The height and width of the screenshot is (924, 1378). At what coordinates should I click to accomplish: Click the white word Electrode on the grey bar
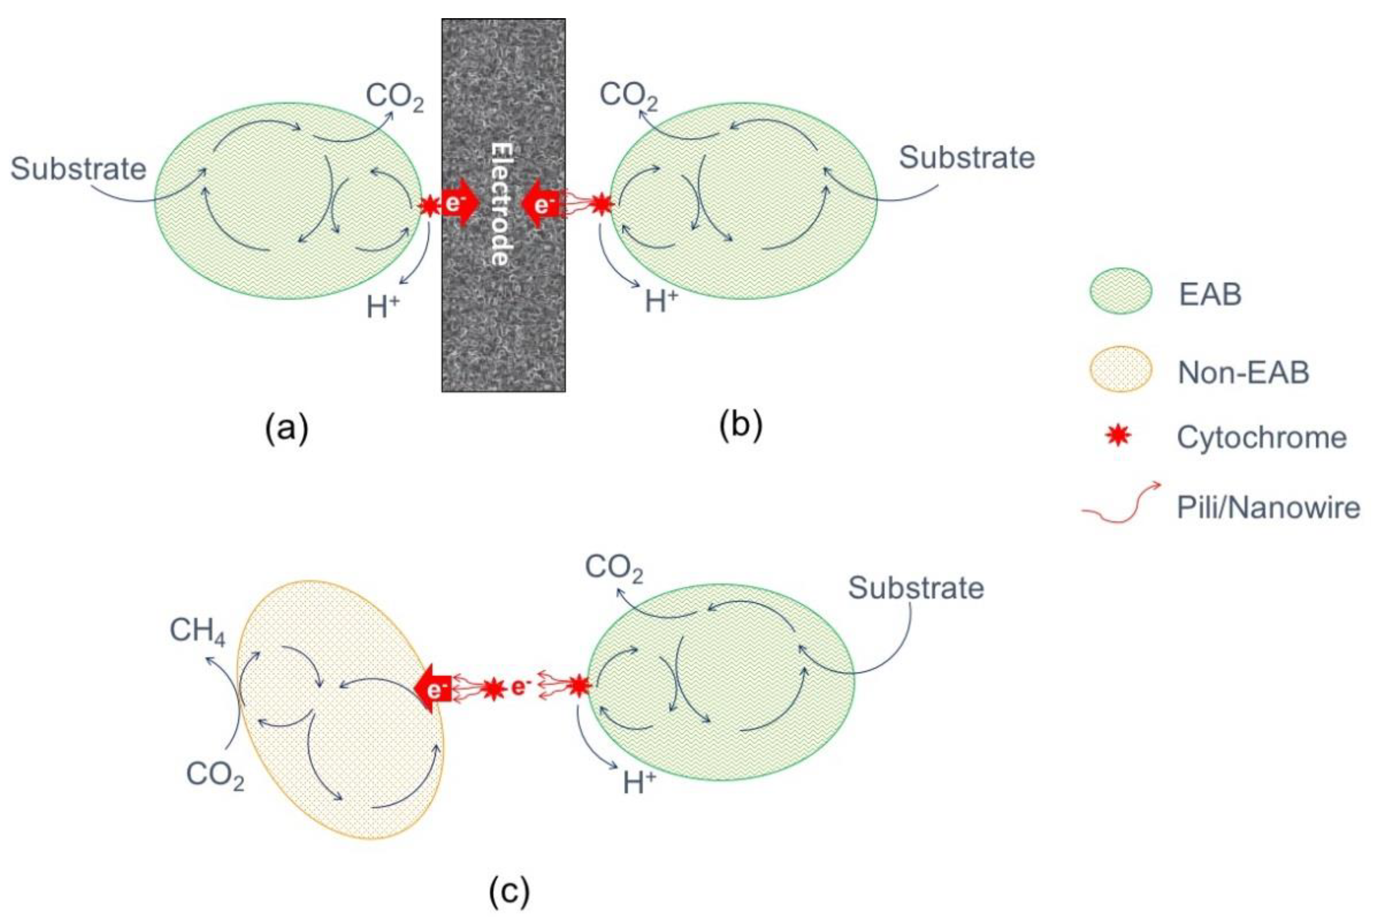tap(500, 203)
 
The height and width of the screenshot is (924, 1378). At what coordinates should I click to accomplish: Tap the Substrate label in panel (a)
tap(79, 169)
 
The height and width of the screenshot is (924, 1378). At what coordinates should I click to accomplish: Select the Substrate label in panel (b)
tap(967, 158)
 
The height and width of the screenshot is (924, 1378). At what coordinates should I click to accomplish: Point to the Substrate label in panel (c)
tap(916, 588)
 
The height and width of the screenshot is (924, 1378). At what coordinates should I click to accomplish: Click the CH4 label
tap(197, 631)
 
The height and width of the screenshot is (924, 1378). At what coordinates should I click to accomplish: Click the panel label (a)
tap(286, 427)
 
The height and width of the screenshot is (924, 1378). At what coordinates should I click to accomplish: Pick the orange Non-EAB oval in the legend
tap(1120, 370)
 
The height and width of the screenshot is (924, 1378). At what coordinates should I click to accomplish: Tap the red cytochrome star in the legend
tap(1118, 437)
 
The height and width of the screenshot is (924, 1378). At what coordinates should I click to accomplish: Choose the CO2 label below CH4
tap(215, 775)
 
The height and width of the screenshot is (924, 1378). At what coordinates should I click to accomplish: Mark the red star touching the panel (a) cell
tap(428, 206)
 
